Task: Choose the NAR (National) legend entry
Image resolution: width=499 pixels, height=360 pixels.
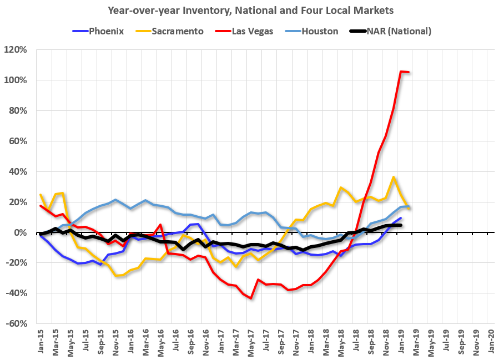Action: [392, 31]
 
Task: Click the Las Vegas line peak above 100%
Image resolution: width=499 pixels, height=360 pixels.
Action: [401, 71]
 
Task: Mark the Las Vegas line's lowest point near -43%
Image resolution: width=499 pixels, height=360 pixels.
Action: [251, 298]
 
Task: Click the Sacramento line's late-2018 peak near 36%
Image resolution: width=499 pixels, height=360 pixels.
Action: [394, 178]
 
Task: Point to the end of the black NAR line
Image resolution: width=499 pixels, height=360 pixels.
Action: [401, 225]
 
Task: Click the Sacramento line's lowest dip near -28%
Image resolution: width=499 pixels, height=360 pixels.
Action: [116, 276]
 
